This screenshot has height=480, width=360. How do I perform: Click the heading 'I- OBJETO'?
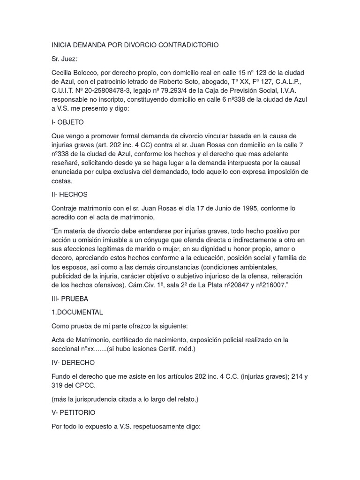67,122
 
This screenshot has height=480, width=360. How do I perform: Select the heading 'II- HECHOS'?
69,194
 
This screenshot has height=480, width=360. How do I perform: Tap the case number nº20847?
227,285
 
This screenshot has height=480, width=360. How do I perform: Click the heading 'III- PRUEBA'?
70,299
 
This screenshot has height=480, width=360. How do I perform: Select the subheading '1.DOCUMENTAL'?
77,312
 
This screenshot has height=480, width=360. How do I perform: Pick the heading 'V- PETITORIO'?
74,412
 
